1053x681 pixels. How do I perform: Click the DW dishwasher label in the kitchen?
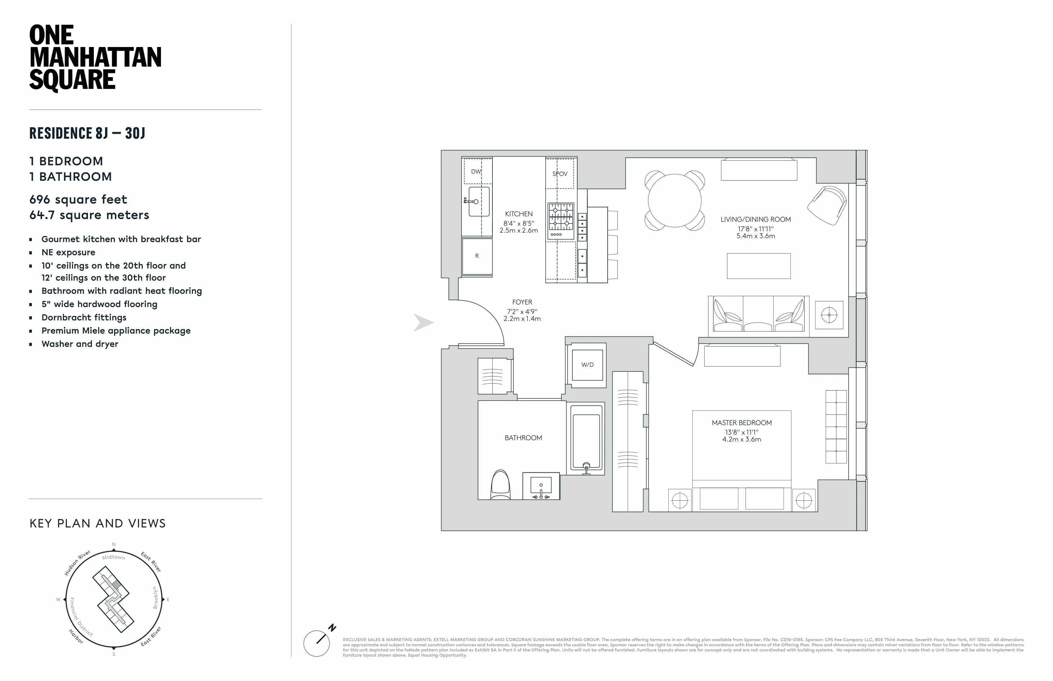click(476, 171)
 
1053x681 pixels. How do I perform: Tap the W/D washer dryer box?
click(587, 365)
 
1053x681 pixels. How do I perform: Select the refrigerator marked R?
click(477, 256)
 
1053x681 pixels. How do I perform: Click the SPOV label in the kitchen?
click(560, 174)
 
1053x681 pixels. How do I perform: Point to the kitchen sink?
click(479, 202)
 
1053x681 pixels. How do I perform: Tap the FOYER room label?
click(522, 302)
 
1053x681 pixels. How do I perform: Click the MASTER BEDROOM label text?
click(741, 423)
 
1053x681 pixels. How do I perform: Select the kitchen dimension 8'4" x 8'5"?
click(518, 223)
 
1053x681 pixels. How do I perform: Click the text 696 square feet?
click(78, 199)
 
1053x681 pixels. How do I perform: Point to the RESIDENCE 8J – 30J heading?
click(87, 133)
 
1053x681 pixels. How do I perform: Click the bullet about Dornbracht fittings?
click(84, 318)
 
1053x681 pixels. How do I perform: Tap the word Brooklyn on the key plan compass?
click(155, 597)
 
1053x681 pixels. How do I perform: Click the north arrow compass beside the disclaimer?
click(317, 643)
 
